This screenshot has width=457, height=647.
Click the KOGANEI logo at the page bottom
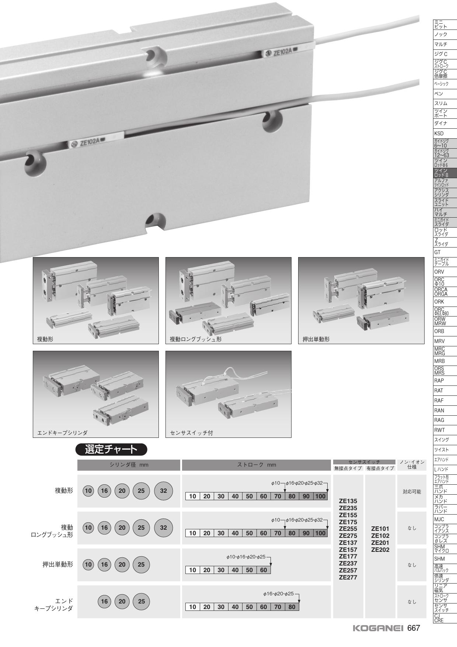coord(378,628)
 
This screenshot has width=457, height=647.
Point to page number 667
coord(414,628)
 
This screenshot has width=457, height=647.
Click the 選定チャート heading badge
coord(111,449)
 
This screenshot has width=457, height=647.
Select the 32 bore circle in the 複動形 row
coord(164,491)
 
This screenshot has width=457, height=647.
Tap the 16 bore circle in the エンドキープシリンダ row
coord(105,602)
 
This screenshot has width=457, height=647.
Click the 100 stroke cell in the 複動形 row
coord(320,496)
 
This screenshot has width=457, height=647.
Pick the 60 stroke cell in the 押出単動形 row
coord(264,570)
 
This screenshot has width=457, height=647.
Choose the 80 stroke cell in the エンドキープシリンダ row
coord(292,607)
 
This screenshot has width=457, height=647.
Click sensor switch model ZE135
coord(348,501)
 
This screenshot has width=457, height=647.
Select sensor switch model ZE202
coord(380,550)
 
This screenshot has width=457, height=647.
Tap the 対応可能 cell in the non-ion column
coord(412,492)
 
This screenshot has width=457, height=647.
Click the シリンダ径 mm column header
coord(129,465)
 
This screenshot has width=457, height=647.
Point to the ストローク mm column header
coord(257,465)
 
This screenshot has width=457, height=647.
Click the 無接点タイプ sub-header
coord(348,468)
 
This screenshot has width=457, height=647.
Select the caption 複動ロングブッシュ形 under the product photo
coord(196,339)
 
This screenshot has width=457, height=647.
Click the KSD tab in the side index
coord(439,134)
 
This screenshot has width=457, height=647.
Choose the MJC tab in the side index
coord(439,519)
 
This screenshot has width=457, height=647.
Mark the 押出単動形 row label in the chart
coord(58,564)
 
